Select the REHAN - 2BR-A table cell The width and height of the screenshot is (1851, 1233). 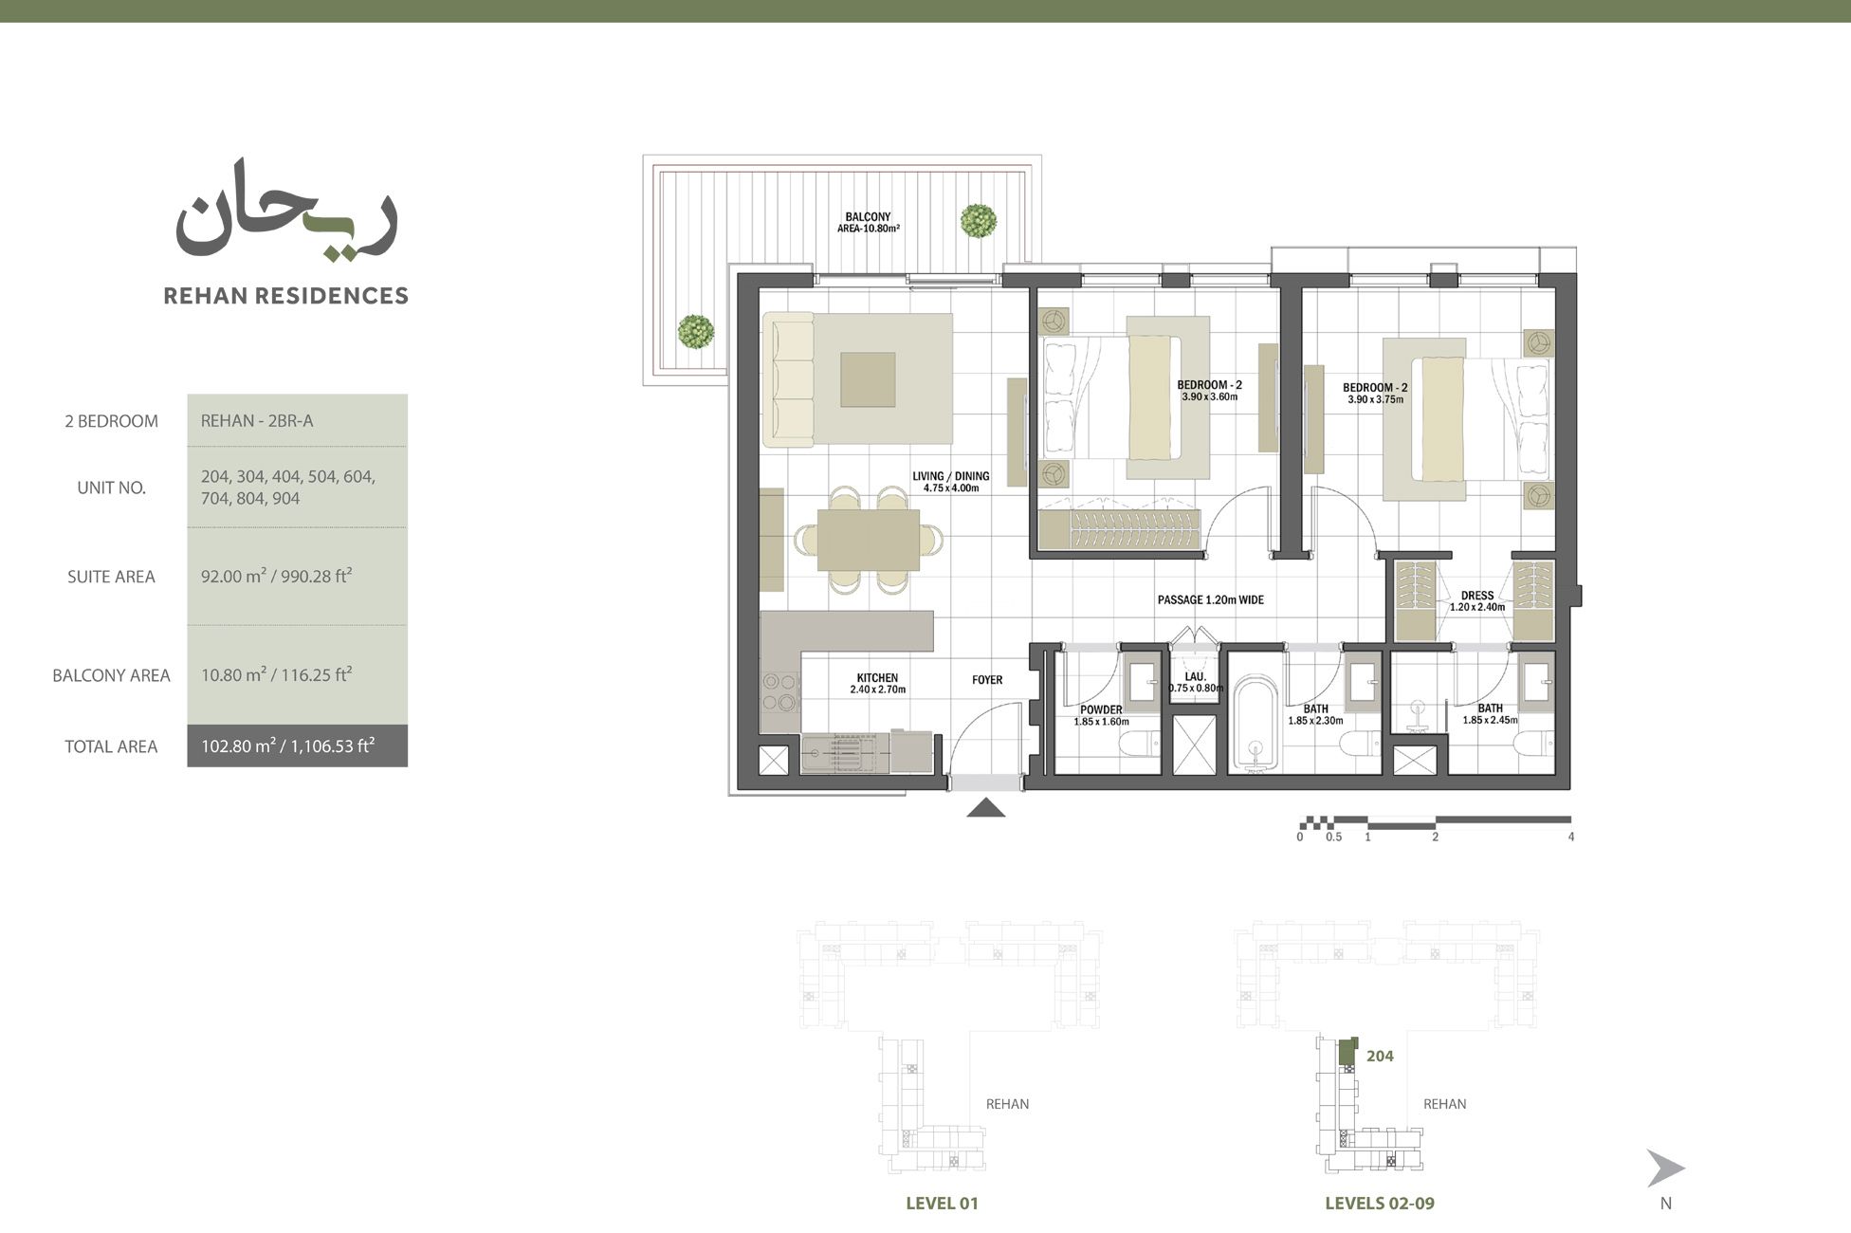click(256, 421)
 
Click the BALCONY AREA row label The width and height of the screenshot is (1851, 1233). click(111, 675)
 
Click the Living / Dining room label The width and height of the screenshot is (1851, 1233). click(950, 482)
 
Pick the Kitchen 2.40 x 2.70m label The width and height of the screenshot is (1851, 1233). click(877, 683)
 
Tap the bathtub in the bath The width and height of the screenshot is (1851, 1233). click(1256, 726)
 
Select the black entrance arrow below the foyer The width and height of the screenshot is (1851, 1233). click(986, 808)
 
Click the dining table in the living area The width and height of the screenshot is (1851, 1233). click(869, 540)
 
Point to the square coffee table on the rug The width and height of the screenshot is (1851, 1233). click(868, 379)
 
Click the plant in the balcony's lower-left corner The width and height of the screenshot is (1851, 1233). click(696, 332)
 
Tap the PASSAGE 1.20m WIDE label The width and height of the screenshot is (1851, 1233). click(1210, 600)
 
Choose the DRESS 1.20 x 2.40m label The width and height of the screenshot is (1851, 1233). click(1476, 601)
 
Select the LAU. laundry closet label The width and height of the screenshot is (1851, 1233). click(1195, 682)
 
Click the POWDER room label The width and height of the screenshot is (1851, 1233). click(1101, 715)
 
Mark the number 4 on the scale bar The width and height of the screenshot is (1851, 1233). click(1571, 837)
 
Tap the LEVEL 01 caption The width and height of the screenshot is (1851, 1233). click(942, 1204)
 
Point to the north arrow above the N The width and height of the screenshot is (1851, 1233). click(1664, 1169)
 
